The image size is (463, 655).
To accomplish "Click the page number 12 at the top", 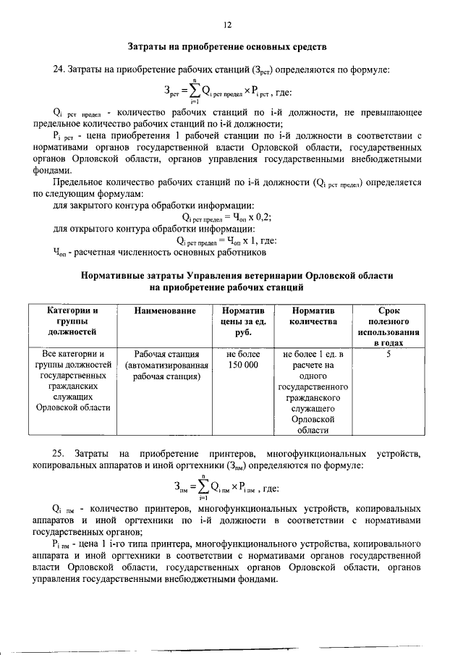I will pyautogui.click(x=227, y=25).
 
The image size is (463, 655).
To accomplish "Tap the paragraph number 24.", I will pyautogui.click(x=59, y=69).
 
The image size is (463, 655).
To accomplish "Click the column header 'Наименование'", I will pyautogui.click(x=165, y=310).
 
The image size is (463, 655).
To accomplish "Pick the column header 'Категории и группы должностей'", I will pyautogui.click(x=72, y=321).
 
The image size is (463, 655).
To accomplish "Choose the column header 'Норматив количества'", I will pyautogui.click(x=313, y=316).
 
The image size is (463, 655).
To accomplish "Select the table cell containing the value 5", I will pyautogui.click(x=389, y=355).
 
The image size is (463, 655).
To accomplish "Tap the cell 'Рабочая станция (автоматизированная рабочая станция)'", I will pyautogui.click(x=165, y=365).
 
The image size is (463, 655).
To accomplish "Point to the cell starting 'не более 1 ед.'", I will pyautogui.click(x=313, y=392).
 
